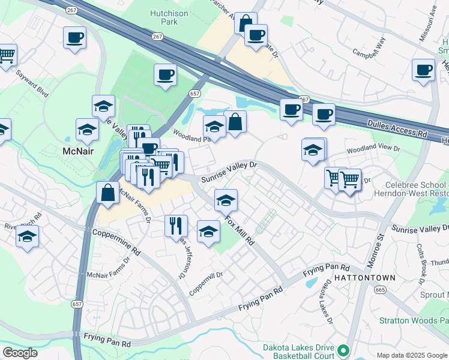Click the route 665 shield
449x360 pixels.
coord(381,290)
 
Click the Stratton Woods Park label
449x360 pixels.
coord(414,320)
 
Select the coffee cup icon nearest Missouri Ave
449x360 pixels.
coord(423,70)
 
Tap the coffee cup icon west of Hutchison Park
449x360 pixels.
coord(74,38)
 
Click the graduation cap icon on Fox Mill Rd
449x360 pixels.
coord(226,199)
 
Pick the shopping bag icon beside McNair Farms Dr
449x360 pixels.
coord(107,193)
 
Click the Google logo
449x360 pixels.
coord(20,353)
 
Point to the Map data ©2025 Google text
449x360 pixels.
coord(411,355)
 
